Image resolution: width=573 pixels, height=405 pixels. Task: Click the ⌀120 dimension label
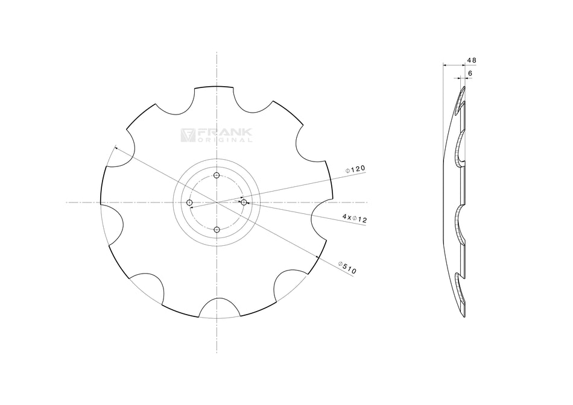[x=356, y=170]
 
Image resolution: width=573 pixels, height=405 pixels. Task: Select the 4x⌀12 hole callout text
[x=355, y=218]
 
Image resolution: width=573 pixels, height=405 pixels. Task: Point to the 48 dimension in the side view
[x=472, y=60]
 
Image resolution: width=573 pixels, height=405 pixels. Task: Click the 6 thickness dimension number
[x=470, y=73]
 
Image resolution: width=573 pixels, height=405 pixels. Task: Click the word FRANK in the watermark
[x=224, y=132]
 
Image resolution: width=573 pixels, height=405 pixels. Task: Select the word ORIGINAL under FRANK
[x=225, y=140]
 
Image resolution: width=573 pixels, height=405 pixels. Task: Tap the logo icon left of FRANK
[x=187, y=135]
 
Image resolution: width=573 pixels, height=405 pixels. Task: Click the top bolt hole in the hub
[x=217, y=175]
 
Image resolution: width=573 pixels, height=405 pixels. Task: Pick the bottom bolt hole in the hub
[x=217, y=230]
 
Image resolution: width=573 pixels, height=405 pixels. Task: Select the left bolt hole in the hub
[x=189, y=202]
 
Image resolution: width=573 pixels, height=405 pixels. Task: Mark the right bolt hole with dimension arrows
[x=244, y=202]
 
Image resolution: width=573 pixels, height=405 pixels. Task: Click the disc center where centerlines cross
[x=217, y=202]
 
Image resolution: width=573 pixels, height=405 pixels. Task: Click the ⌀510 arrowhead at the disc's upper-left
[x=115, y=148]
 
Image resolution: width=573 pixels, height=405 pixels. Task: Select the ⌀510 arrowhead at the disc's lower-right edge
[x=318, y=257]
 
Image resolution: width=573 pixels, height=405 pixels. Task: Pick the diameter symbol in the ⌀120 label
[x=348, y=171]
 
